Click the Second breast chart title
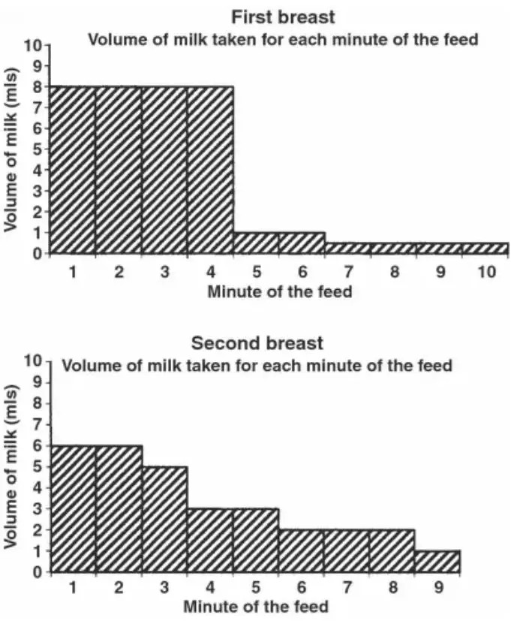tap(257, 344)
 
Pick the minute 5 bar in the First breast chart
tap(256, 243)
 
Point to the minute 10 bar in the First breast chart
tap(485, 249)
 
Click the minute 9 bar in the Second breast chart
tap(437, 561)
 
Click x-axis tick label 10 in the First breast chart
tap(487, 272)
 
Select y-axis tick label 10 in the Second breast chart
tap(33, 361)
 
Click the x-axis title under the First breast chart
tap(279, 291)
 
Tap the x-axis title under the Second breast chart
tap(255, 606)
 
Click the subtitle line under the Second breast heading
tap(257, 366)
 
